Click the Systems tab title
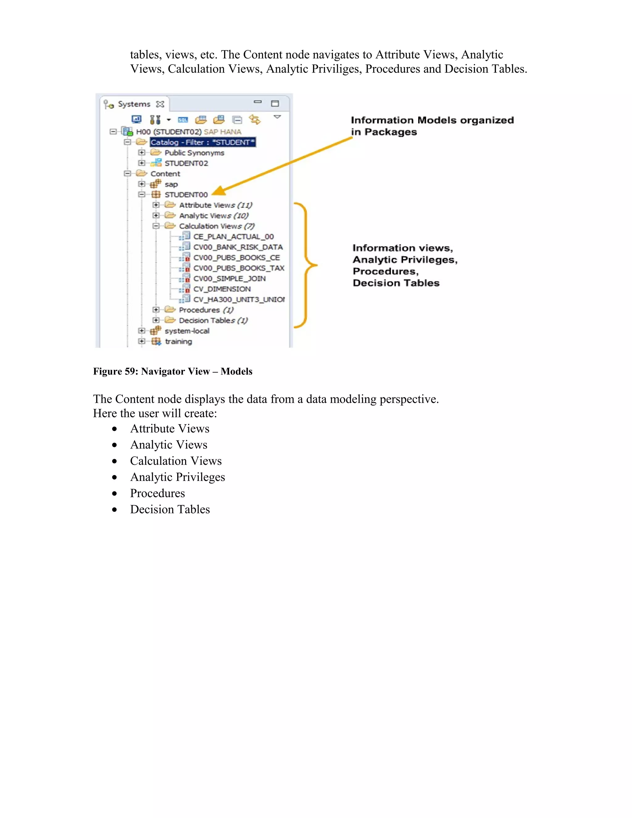pyautogui.click(x=134, y=104)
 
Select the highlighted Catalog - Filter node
pyautogui.click(x=202, y=142)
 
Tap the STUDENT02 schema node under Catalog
pyautogui.click(x=186, y=163)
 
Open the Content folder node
pyautogui.click(x=165, y=174)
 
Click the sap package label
pyautogui.click(x=171, y=184)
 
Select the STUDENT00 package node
pyautogui.click(x=186, y=195)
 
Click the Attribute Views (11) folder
pyautogui.click(x=215, y=205)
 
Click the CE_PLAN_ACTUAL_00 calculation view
pyautogui.click(x=233, y=237)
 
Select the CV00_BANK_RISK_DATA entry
pyautogui.click(x=238, y=247)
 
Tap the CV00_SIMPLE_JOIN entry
pyautogui.click(x=229, y=279)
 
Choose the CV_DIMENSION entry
pyautogui.click(x=222, y=289)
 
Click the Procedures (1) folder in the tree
pyautogui.click(x=206, y=310)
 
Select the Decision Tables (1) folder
pyautogui.click(x=213, y=321)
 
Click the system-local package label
pyautogui.click(x=187, y=331)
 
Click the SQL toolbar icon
pyautogui.click(x=183, y=120)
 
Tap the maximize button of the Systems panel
pyautogui.click(x=275, y=103)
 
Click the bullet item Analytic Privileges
pyautogui.click(x=177, y=477)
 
